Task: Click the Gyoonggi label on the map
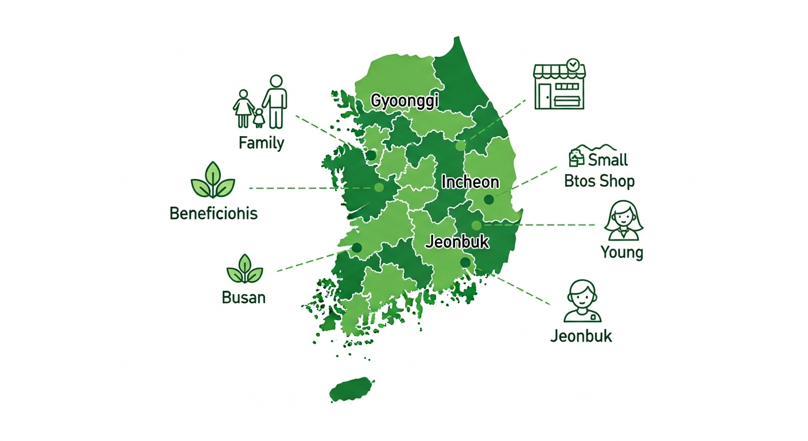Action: point(405,100)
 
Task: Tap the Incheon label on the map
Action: point(470,183)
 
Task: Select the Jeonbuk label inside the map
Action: point(457,242)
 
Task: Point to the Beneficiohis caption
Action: point(213,214)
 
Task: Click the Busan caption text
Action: point(243,298)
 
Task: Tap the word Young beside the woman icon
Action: point(621,252)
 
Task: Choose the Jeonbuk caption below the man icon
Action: point(581,335)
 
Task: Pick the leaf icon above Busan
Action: point(244,269)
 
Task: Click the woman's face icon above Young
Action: point(624,220)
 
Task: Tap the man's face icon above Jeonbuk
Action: point(582,300)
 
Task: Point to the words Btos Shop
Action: point(599,181)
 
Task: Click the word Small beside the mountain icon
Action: point(608,160)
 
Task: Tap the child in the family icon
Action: point(259,117)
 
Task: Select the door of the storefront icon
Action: point(544,95)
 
